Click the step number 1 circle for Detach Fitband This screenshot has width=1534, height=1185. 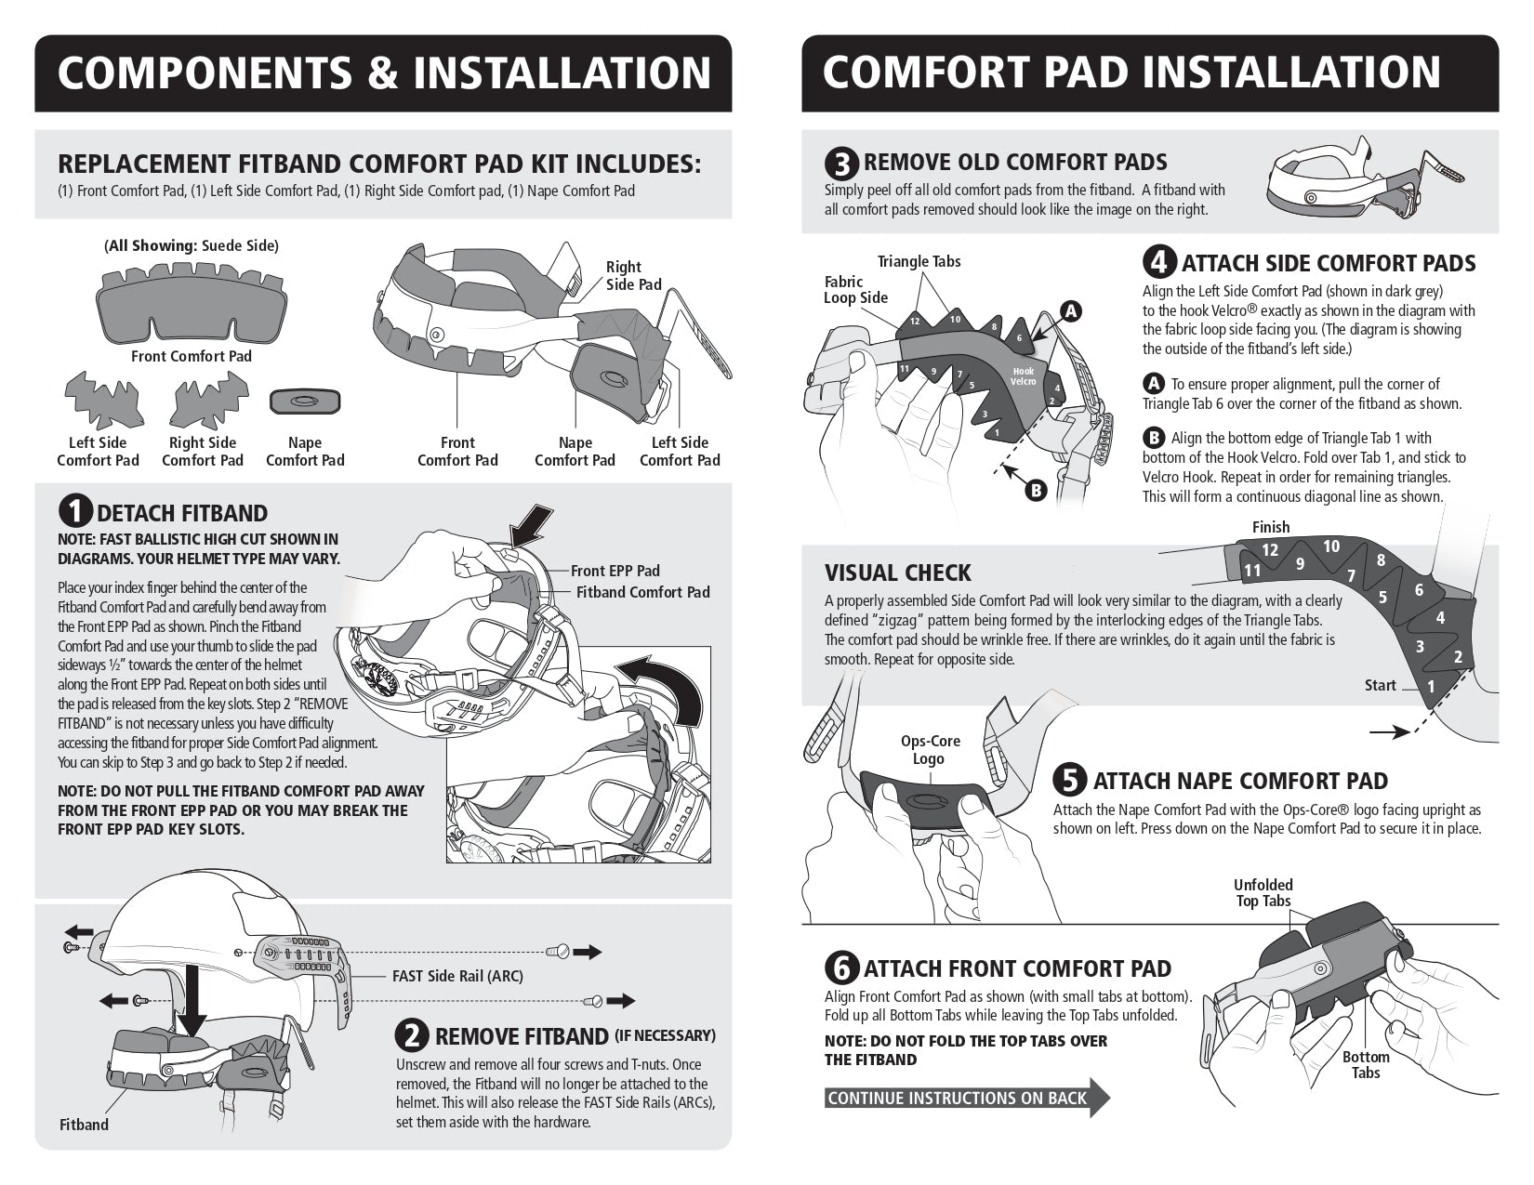[x=75, y=513]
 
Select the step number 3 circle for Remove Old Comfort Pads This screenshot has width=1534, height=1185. [x=841, y=164]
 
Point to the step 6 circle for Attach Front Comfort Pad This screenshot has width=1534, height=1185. [x=841, y=968]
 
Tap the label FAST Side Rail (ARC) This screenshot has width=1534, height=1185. [x=457, y=976]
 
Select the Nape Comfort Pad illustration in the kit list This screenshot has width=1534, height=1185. [x=304, y=402]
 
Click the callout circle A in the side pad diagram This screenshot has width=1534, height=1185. [x=1071, y=312]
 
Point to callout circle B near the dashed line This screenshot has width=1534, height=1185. [x=1036, y=490]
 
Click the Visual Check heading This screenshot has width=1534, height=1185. [x=897, y=573]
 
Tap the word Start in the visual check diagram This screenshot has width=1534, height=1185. [x=1380, y=685]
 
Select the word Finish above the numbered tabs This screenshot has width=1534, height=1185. [x=1271, y=527]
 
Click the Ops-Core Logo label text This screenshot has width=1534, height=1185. [x=930, y=749]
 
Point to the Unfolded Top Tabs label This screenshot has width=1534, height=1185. [x=1263, y=892]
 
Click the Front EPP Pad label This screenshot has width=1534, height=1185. [x=615, y=571]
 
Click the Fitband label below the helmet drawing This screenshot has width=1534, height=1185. [x=84, y=1125]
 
